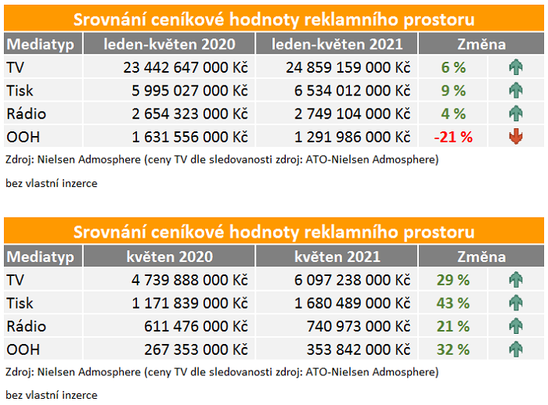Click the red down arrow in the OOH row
tap(515, 137)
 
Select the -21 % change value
tap(453, 137)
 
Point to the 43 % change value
tap(453, 303)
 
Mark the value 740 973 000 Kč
tap(359, 326)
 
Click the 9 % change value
tap(453, 91)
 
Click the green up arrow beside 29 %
tap(515, 279)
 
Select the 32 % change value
tap(453, 349)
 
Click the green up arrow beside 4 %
tap(515, 114)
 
